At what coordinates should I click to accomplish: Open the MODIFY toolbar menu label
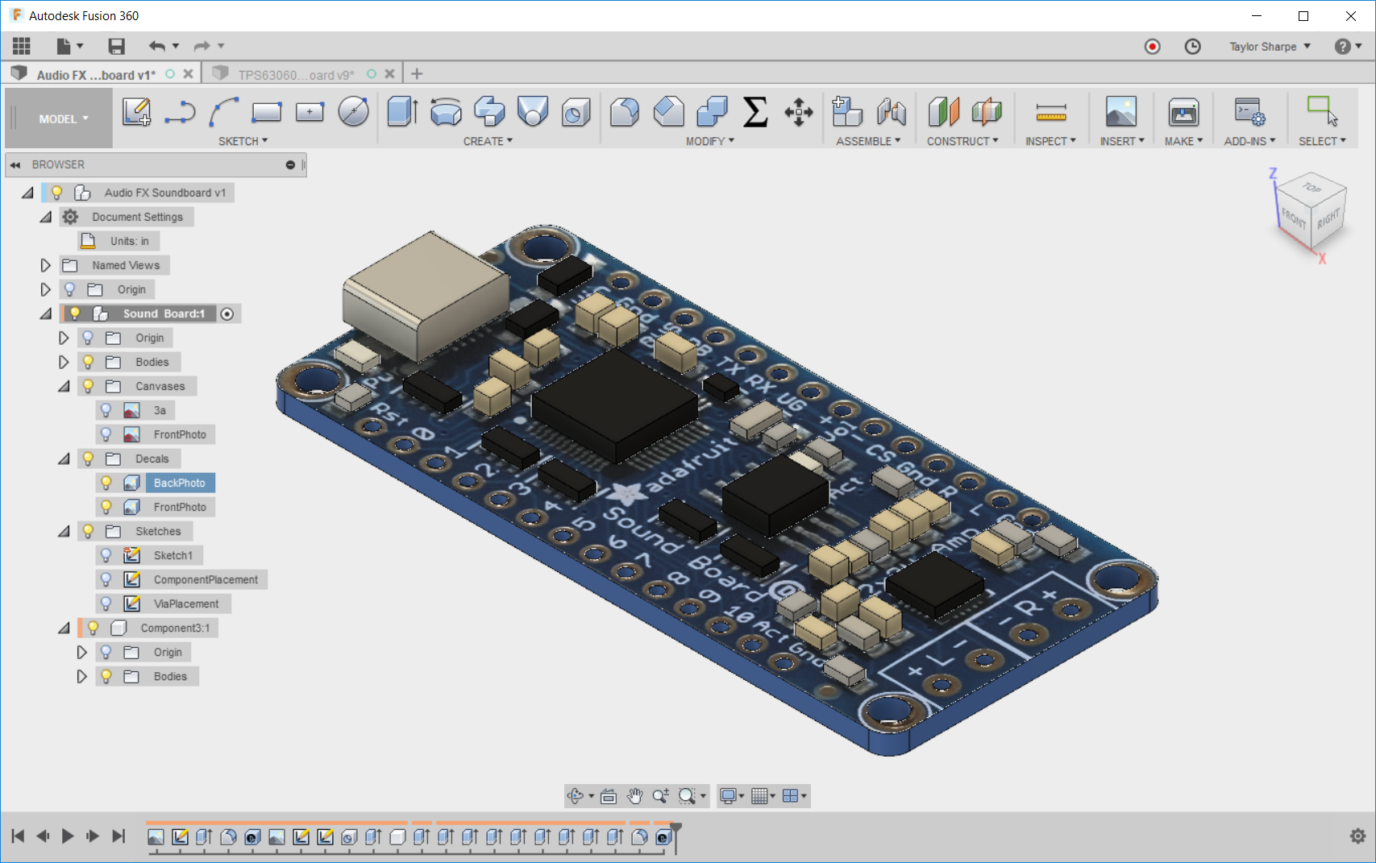(709, 141)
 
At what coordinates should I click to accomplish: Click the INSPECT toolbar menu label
(1050, 141)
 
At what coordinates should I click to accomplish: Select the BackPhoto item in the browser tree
(179, 483)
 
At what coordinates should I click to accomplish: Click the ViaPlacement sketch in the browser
(185, 604)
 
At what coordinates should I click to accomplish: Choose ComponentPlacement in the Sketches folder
(206, 579)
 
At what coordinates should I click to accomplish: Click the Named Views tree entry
(125, 265)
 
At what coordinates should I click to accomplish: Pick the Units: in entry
(129, 241)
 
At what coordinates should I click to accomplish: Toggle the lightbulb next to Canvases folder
(88, 386)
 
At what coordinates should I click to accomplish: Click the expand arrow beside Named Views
(45, 265)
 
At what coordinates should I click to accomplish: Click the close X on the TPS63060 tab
(389, 74)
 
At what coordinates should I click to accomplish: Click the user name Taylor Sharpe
(1262, 47)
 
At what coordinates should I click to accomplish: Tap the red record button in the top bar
(1152, 47)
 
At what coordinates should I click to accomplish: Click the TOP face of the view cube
(1312, 188)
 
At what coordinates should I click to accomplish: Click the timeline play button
(68, 836)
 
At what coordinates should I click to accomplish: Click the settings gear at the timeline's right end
(1357, 836)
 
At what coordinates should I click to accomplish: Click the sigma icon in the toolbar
(755, 112)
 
